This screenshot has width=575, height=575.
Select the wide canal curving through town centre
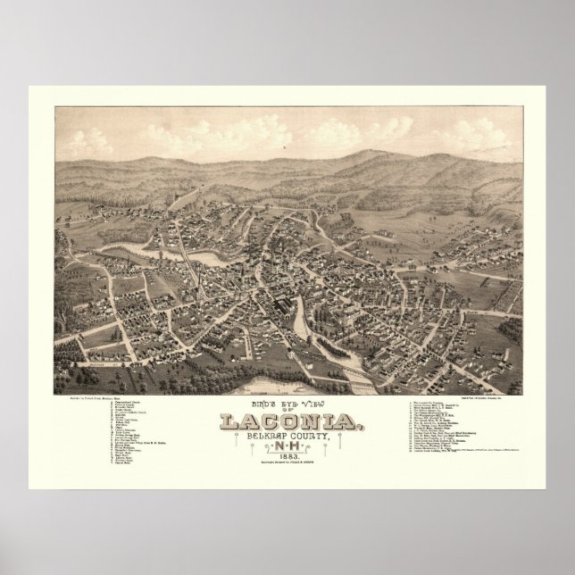click(x=300, y=312)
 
